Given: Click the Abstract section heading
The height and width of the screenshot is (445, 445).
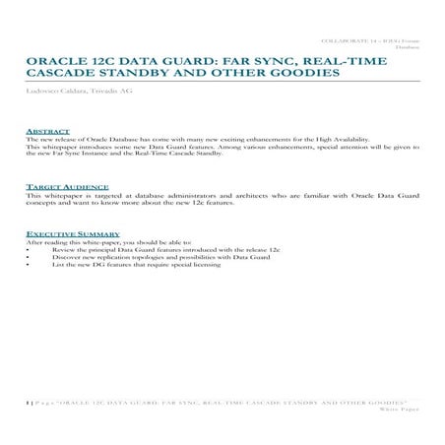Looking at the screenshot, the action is point(47,131).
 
